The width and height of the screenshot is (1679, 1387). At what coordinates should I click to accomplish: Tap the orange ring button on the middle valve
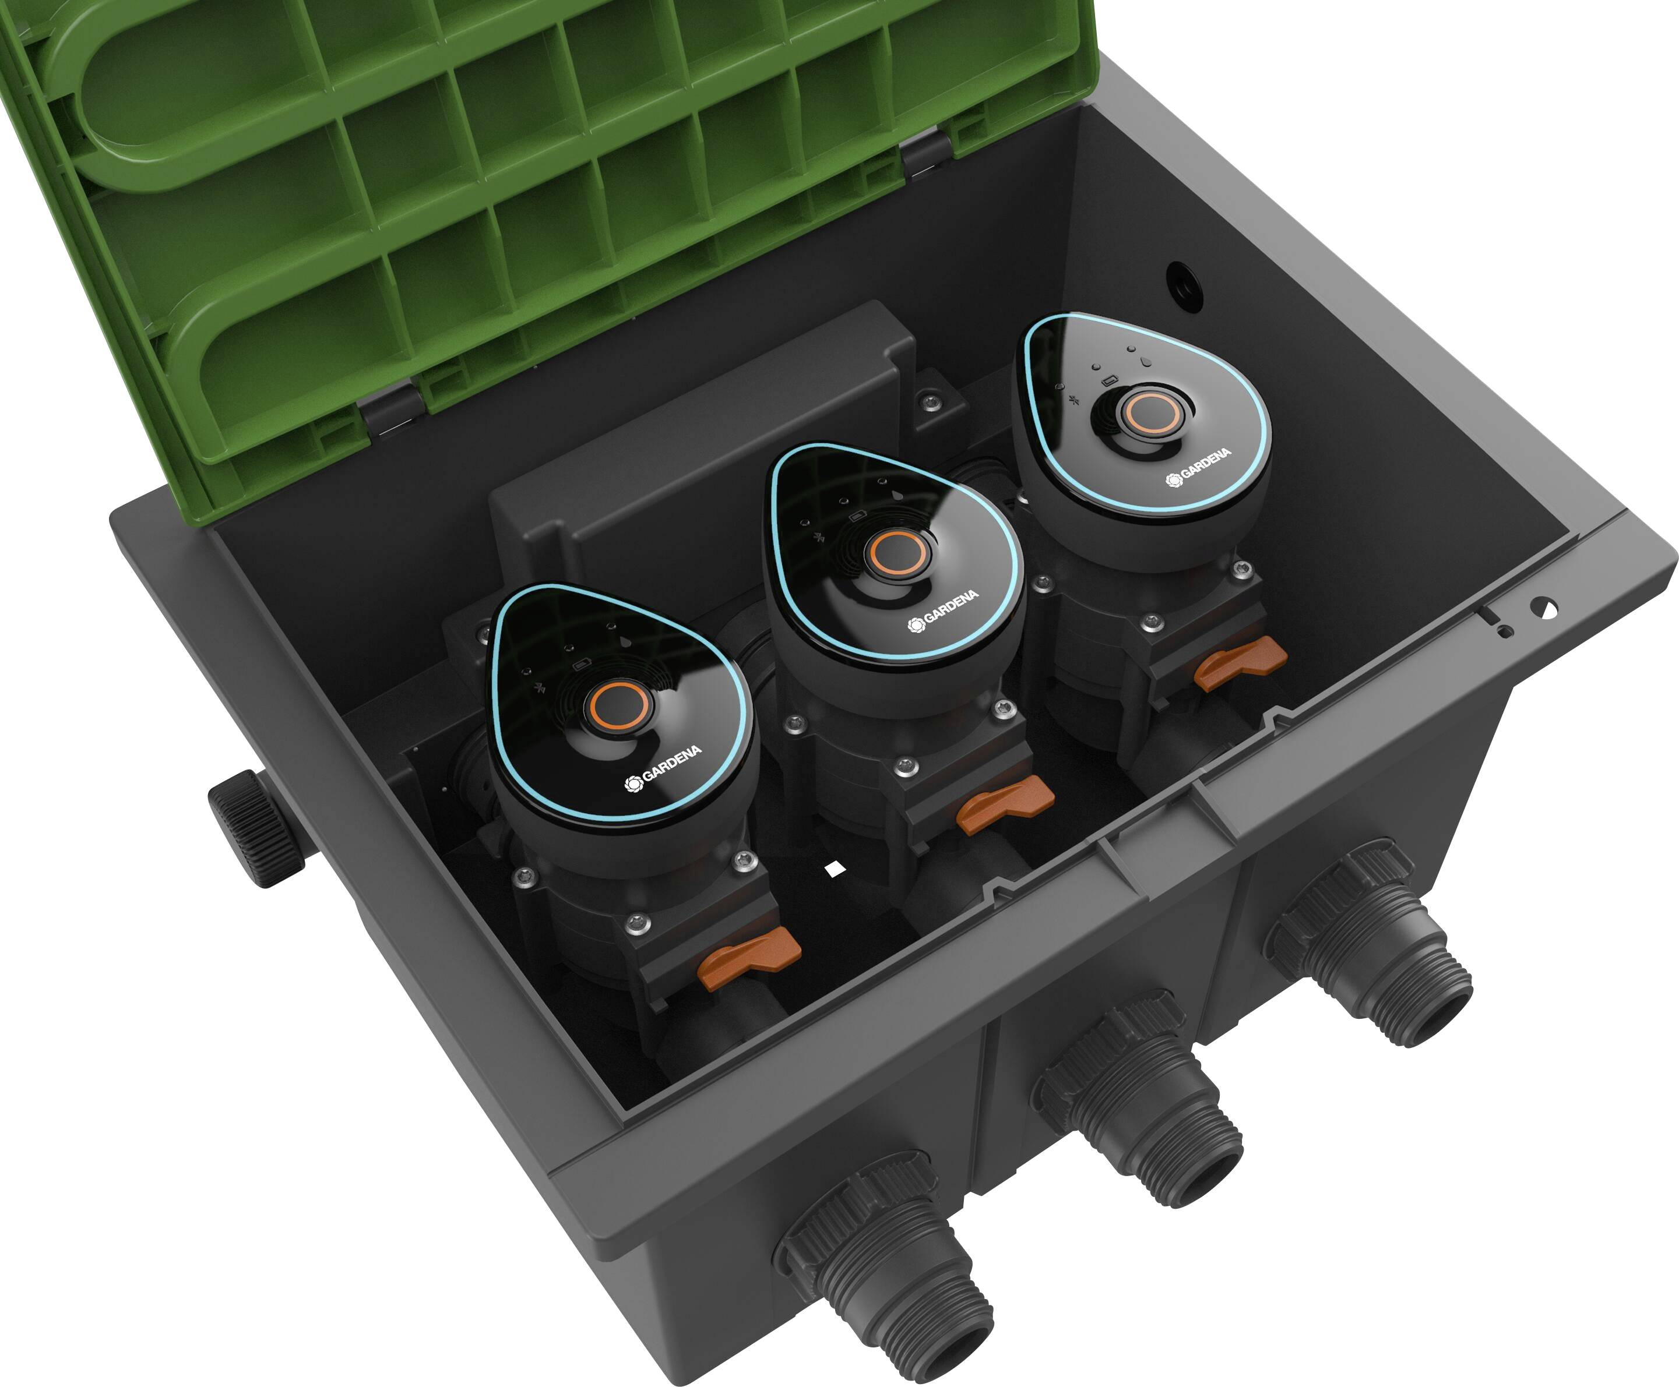pyautogui.click(x=897, y=551)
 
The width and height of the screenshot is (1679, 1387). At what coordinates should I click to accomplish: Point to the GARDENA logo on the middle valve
pyautogui.click(x=943, y=610)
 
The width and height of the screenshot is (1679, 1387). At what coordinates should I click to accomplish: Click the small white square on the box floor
pyautogui.click(x=835, y=869)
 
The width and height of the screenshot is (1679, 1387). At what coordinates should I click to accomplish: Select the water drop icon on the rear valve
pyautogui.click(x=1145, y=361)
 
